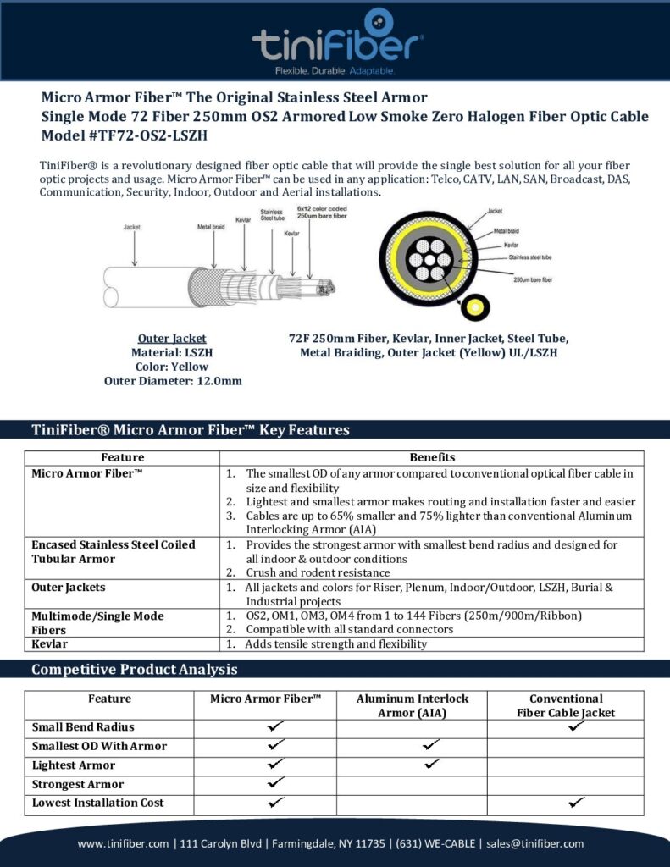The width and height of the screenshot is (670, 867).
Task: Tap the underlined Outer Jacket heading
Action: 172,338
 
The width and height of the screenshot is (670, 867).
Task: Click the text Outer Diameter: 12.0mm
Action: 173,381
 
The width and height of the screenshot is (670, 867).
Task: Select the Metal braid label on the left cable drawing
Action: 213,227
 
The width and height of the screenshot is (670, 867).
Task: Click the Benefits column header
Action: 432,457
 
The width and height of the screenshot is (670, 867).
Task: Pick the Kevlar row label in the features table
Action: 50,643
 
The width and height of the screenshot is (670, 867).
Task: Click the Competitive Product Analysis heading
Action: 135,670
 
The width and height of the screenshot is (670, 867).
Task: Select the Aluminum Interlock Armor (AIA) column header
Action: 412,705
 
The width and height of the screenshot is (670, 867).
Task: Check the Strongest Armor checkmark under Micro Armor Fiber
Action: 274,783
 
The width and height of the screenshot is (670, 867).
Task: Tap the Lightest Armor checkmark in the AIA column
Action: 431,764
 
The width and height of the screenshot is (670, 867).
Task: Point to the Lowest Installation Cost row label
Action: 98,803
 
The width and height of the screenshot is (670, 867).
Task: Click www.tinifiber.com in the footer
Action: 124,843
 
